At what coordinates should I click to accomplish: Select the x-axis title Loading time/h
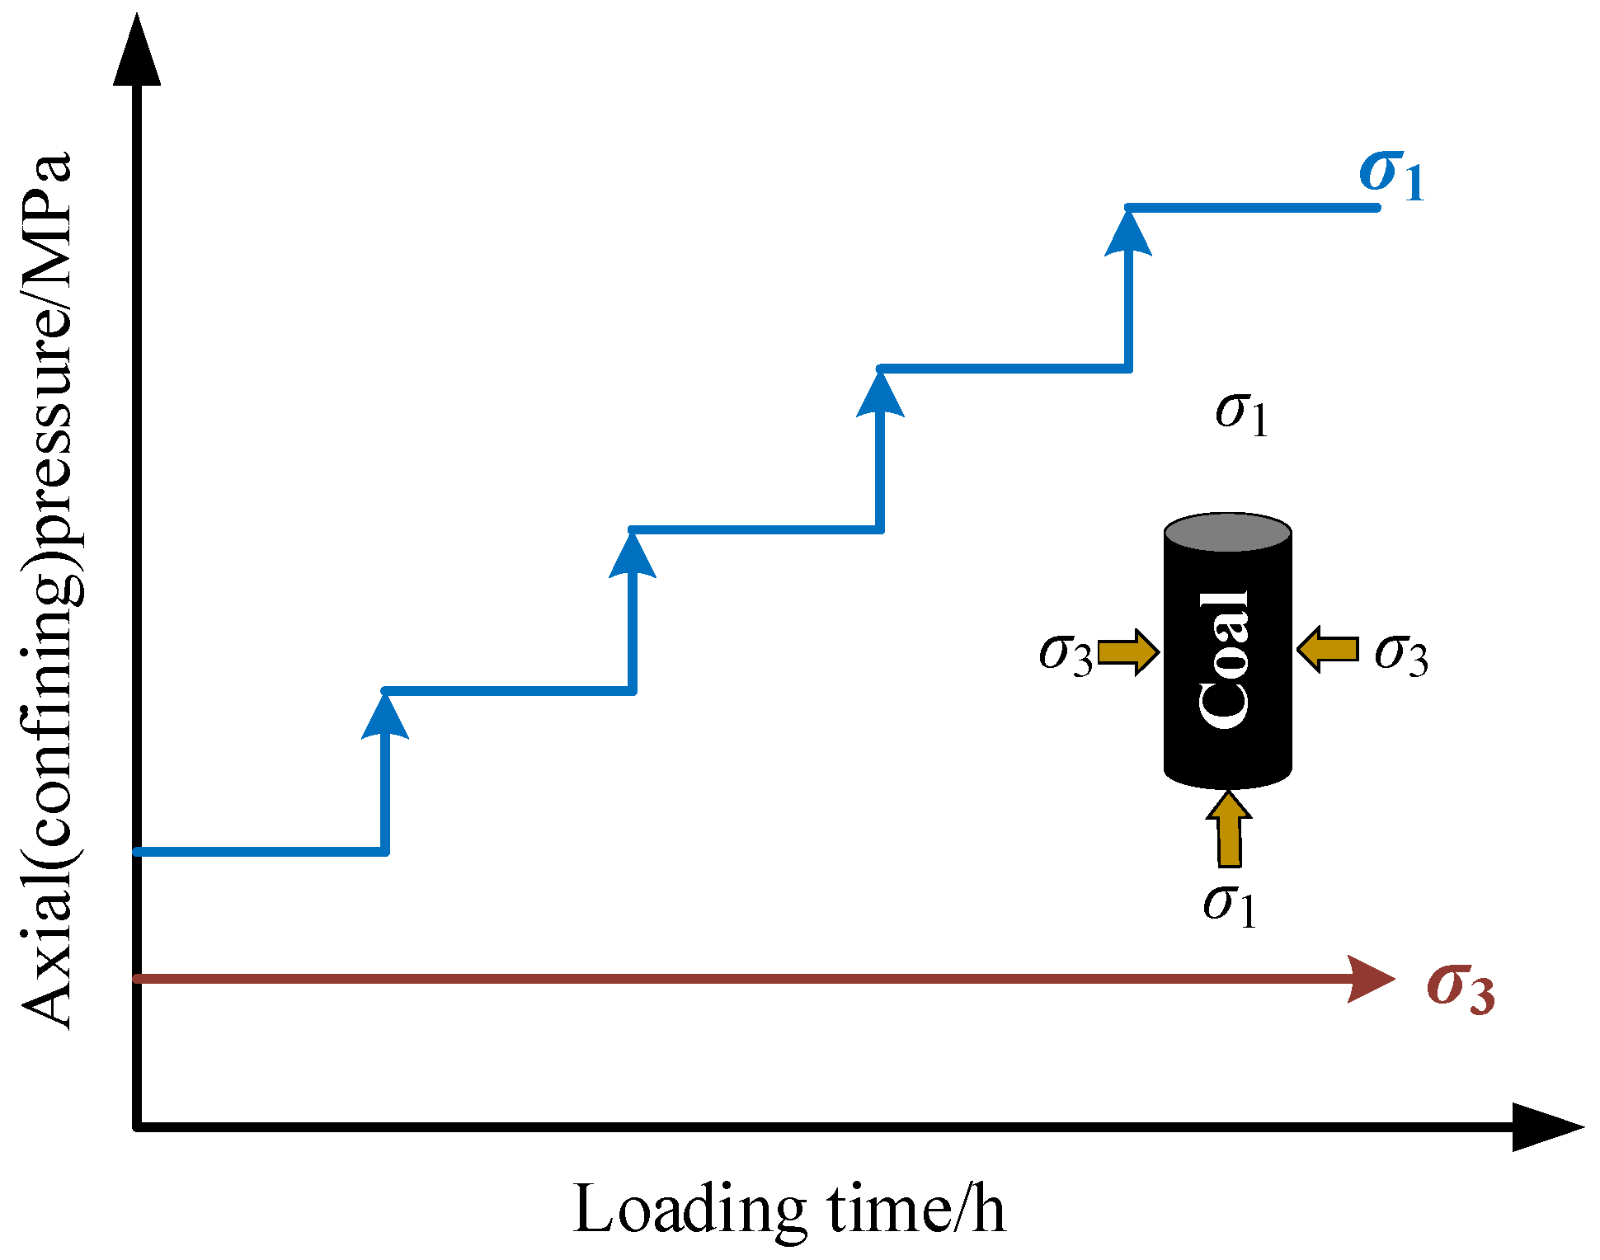[x=788, y=1209]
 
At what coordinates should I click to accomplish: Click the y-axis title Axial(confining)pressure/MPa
[x=48, y=590]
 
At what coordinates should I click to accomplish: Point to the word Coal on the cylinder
[x=1225, y=660]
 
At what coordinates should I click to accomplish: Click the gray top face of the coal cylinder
[x=1227, y=533]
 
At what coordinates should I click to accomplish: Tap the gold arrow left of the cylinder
[x=1129, y=651]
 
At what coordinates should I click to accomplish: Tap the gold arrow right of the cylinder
[x=1327, y=649]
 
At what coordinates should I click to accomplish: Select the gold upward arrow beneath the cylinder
[x=1229, y=829]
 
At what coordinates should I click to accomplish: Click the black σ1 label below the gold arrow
[x=1229, y=905]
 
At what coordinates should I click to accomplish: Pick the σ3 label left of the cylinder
[x=1066, y=654]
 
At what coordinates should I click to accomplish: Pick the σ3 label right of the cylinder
[x=1401, y=654]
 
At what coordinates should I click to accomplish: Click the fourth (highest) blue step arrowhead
[x=1127, y=233]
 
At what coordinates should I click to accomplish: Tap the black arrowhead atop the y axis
[x=137, y=49]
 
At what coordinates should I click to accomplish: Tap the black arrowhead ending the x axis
[x=1546, y=1126]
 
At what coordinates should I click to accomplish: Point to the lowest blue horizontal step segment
[x=260, y=851]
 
